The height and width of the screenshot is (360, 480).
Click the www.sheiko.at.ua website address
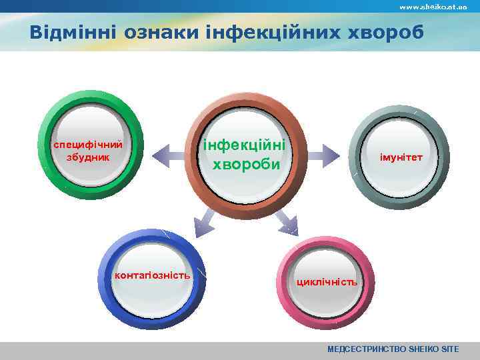tap(433, 6)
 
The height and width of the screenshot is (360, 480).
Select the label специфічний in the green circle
tap(88, 145)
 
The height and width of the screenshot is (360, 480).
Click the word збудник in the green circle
tap(88, 157)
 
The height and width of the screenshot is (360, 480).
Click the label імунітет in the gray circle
tap(400, 157)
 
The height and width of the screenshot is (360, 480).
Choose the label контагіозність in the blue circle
tap(153, 275)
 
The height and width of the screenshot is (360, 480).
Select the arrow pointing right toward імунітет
tap(323, 157)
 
